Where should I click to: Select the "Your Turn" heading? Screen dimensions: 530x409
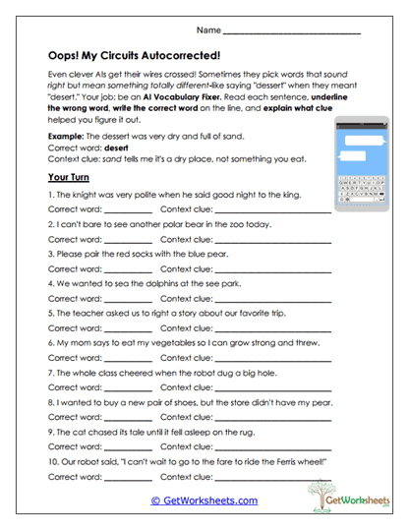click(69, 178)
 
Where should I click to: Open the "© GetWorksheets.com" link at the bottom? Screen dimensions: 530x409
click(204, 500)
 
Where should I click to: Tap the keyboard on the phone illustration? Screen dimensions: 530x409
click(365, 196)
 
